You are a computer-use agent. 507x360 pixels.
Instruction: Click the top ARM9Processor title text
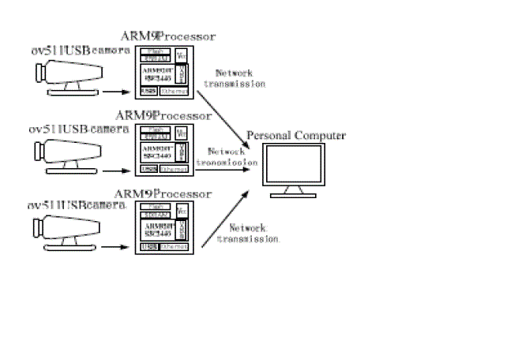click(x=167, y=36)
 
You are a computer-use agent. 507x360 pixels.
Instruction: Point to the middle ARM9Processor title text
click(x=162, y=116)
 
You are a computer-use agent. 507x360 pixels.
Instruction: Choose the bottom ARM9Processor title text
click(x=163, y=193)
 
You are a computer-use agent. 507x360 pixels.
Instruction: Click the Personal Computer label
click(x=296, y=136)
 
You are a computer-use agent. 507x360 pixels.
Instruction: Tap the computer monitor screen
click(x=296, y=165)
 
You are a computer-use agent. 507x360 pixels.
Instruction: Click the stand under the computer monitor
click(x=296, y=193)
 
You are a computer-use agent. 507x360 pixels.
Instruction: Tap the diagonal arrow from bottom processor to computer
click(x=231, y=219)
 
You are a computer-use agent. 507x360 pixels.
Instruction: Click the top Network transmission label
click(x=235, y=77)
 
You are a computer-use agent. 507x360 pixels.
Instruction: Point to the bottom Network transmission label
click(x=253, y=231)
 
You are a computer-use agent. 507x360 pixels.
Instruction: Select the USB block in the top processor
click(x=148, y=91)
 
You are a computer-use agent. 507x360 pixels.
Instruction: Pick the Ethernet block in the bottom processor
click(x=174, y=247)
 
